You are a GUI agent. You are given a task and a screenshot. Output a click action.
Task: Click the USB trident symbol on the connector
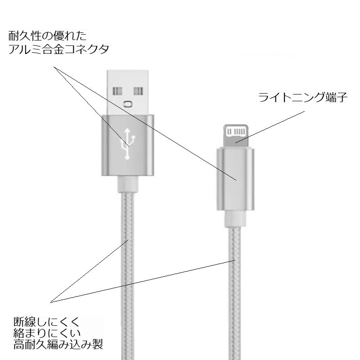(128, 144)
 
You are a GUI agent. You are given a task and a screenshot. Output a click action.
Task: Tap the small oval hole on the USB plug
(128, 104)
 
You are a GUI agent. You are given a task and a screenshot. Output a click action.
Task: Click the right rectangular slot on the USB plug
(139, 91)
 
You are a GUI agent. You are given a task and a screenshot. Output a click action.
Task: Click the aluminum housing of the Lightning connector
(235, 179)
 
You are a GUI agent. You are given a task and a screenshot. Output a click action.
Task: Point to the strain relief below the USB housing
(128, 184)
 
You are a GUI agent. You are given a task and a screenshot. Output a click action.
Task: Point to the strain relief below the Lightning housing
(235, 219)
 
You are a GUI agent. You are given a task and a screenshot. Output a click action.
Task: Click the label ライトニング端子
(303, 97)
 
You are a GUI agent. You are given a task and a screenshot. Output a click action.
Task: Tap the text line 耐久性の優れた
(48, 36)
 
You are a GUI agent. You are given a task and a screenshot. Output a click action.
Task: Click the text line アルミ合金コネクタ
(59, 49)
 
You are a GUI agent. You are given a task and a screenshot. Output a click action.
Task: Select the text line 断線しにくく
(47, 322)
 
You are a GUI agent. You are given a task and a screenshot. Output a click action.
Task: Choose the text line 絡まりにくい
(47, 333)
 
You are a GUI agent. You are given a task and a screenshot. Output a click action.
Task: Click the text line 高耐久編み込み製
(58, 345)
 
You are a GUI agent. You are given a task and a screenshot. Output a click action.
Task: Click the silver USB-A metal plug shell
(128, 92)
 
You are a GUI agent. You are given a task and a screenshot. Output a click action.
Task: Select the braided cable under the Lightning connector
(235, 293)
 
